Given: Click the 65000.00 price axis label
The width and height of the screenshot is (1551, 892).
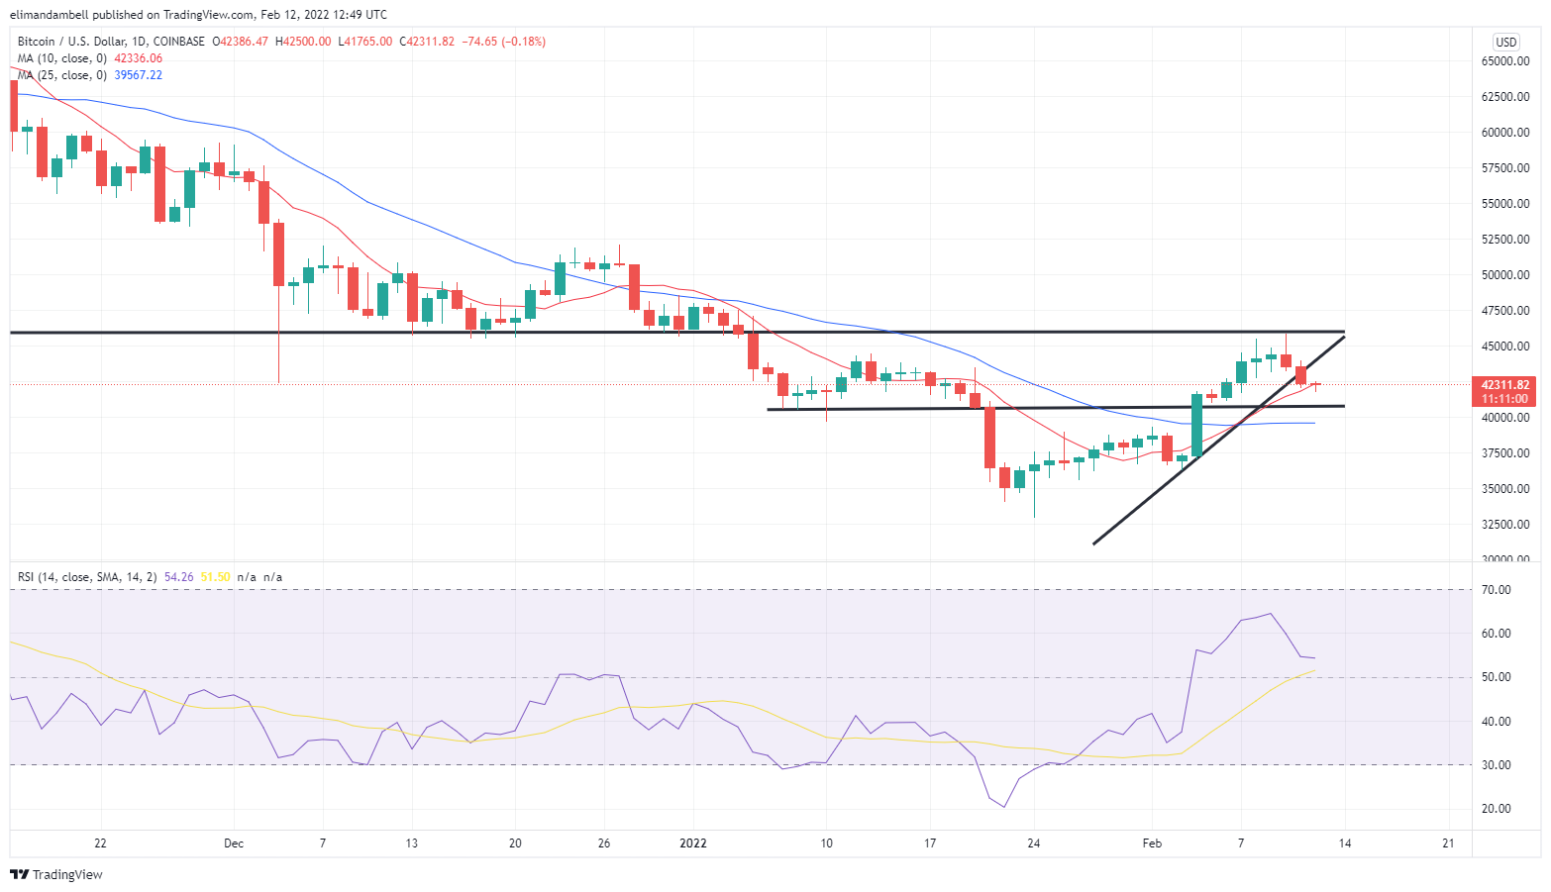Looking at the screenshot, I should pos(1505,61).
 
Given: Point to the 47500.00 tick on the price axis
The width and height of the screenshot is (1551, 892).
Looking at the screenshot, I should pos(1505,311).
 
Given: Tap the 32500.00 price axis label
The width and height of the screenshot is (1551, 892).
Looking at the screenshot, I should pos(1505,525).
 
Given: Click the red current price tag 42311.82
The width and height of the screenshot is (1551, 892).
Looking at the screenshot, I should pos(1504,385).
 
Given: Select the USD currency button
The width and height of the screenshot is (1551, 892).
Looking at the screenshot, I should pos(1505,42).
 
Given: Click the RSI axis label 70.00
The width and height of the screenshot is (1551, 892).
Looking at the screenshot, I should pos(1497,590).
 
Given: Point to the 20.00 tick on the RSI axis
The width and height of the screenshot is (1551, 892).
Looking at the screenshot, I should pos(1497,809).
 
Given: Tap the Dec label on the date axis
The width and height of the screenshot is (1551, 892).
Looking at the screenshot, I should pos(234,843).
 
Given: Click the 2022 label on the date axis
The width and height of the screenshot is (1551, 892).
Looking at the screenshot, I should pos(692,843).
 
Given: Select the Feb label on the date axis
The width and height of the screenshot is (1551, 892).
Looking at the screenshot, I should pos(1152,843).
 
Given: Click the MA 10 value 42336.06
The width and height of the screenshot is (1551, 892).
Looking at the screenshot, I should pos(138,58).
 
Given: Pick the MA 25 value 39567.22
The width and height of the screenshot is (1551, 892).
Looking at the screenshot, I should pos(138,75).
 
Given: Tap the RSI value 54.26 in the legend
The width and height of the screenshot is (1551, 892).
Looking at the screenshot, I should pos(179,577).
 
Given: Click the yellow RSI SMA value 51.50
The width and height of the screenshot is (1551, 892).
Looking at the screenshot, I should pos(215,577).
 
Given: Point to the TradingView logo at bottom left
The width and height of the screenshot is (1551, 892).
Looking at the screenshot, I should pos(56,874).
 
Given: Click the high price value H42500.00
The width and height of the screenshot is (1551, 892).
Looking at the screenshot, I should pos(303,42).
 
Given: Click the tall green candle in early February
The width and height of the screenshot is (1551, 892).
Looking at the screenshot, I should pos(1196,425).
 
